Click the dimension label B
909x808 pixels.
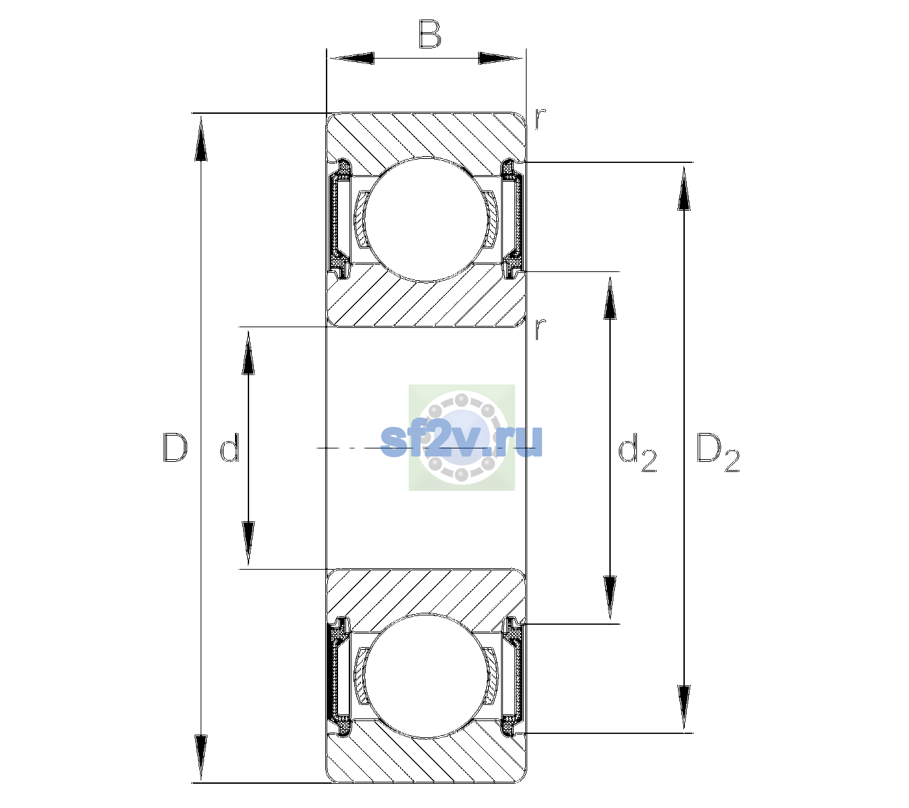point(430,34)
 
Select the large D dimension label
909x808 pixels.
point(174,447)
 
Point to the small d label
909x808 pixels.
point(229,447)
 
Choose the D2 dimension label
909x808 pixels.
point(717,452)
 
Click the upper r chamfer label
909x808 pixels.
point(541,119)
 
